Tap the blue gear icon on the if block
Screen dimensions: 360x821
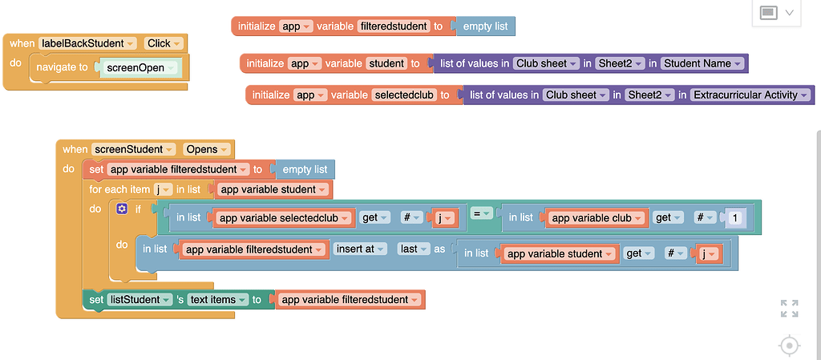pyautogui.click(x=122, y=208)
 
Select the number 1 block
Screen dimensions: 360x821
pyautogui.click(x=735, y=218)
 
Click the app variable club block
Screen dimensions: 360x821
pyautogui.click(x=597, y=218)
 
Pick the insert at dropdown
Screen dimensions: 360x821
pyautogui.click(x=360, y=249)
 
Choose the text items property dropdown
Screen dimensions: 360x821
pyautogui.click(x=217, y=300)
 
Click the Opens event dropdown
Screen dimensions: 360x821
pyautogui.click(x=207, y=149)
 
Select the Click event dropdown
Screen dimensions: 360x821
pyautogui.click(x=164, y=43)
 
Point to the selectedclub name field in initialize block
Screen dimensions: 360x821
pyautogui.click(x=405, y=95)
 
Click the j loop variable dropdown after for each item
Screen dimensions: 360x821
pyautogui.click(x=164, y=190)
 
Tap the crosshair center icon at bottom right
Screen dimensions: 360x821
pyautogui.click(x=789, y=346)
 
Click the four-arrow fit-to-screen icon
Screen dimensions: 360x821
pyautogui.click(x=789, y=309)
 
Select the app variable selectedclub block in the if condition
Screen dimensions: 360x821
pyautogui.click(x=284, y=218)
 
